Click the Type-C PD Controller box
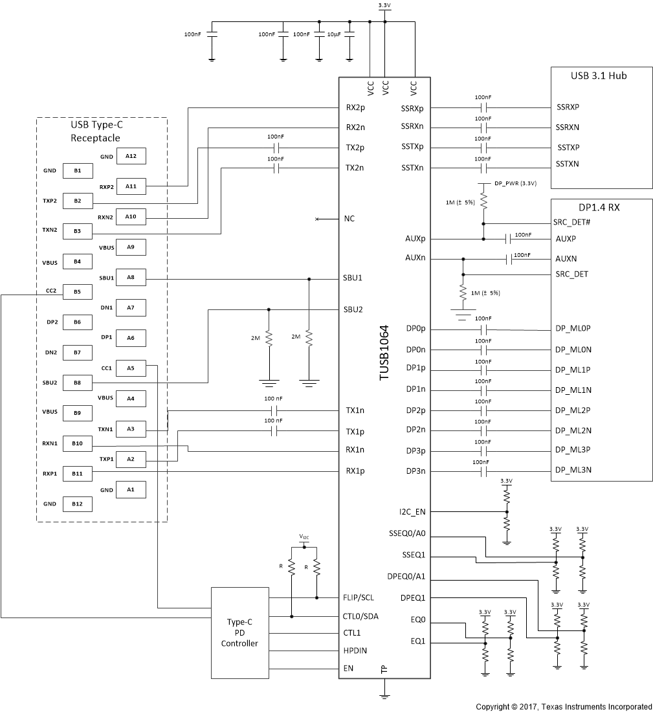pos(239,632)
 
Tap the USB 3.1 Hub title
pos(599,76)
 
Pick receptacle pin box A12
pos(131,157)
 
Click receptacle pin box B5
pos(76,291)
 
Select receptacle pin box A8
pos(131,278)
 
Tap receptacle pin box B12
pos(76,504)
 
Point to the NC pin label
pos(349,219)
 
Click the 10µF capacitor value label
pos(334,34)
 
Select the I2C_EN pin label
pos(413,511)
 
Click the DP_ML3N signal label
pos(573,471)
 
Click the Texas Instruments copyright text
pos(564,706)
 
